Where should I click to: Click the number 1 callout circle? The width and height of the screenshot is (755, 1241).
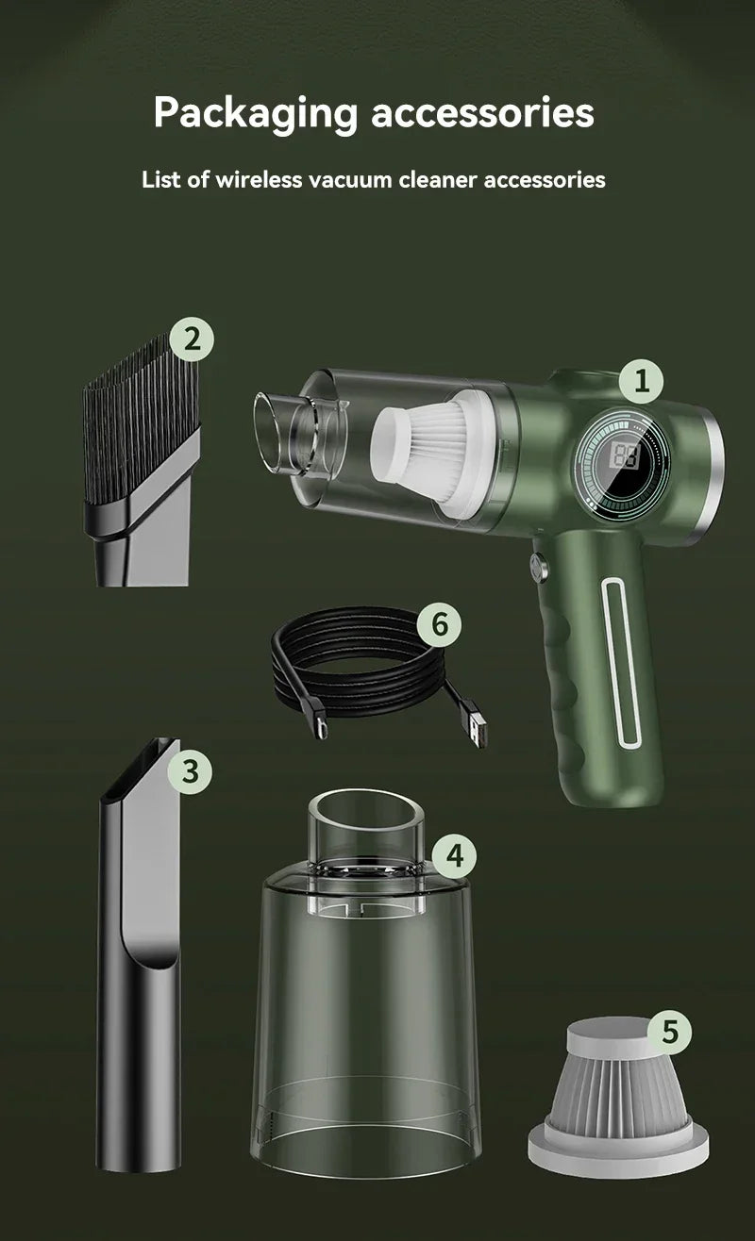coord(643,381)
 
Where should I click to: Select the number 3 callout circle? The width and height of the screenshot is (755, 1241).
coord(191,771)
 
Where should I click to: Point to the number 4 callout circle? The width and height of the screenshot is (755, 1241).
coord(455,856)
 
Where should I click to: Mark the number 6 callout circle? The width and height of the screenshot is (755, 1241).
coord(439,624)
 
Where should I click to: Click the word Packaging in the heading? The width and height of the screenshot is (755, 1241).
coord(256,113)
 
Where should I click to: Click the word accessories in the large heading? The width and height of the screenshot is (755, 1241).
coord(482,113)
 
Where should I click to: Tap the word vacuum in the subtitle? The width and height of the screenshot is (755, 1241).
coord(349,179)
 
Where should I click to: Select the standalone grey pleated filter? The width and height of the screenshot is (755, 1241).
coord(619,1094)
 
